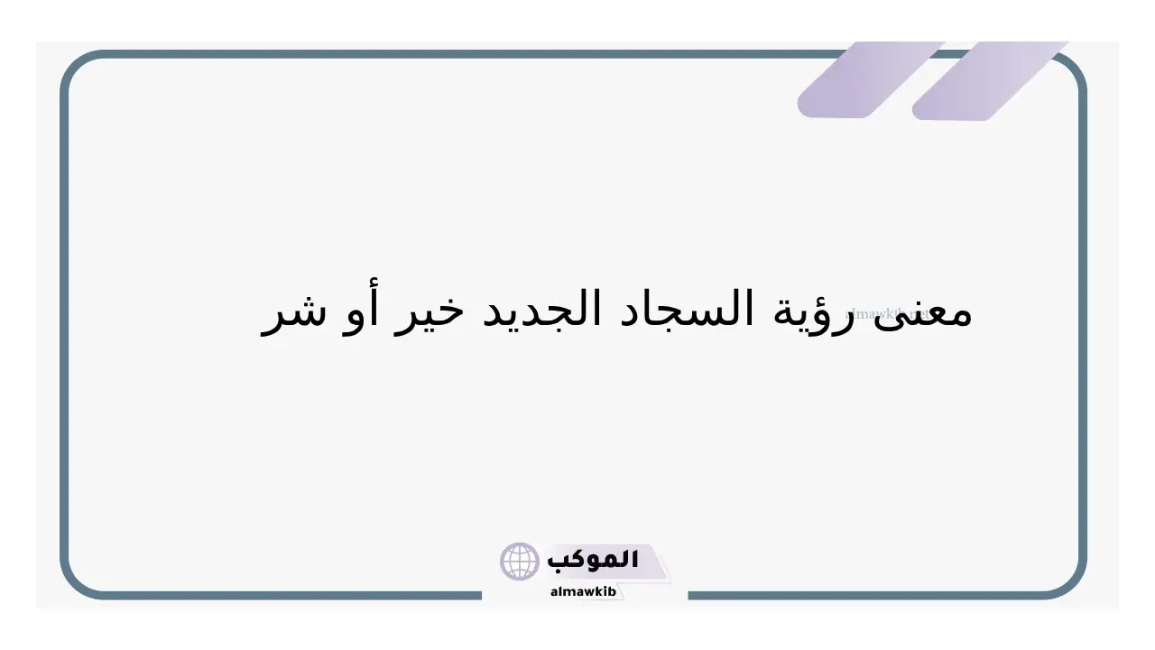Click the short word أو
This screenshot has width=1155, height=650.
click(x=360, y=310)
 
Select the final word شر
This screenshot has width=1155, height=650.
click(x=293, y=316)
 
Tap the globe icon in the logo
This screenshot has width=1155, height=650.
click(x=519, y=562)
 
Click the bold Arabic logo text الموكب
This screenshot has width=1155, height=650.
click(x=593, y=560)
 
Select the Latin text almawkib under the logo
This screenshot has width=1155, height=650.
click(x=583, y=591)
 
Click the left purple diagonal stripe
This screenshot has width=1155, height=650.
click(x=871, y=80)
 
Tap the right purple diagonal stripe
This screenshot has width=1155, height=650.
click(x=989, y=81)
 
